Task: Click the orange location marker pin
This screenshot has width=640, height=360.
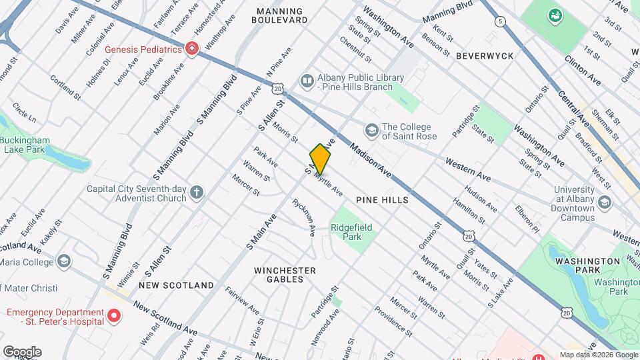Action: (x=320, y=159)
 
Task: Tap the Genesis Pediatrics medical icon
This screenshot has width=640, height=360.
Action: (x=192, y=49)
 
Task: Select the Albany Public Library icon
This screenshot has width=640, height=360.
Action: (x=307, y=81)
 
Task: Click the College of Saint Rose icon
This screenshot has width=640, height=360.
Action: (x=371, y=128)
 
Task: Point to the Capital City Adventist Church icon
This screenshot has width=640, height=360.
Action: (x=196, y=193)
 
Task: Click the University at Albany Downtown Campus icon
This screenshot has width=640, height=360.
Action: (x=605, y=201)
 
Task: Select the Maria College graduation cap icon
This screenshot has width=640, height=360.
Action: (x=64, y=261)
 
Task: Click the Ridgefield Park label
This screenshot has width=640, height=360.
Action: (x=351, y=232)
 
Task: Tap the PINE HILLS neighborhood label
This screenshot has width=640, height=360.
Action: (x=382, y=200)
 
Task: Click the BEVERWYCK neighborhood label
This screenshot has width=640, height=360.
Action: (x=485, y=56)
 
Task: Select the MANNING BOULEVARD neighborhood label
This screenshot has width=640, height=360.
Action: (x=277, y=16)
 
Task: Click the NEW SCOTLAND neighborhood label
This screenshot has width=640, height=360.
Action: (x=176, y=285)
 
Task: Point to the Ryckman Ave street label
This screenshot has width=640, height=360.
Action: (x=303, y=217)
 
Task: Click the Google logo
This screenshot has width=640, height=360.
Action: (x=22, y=351)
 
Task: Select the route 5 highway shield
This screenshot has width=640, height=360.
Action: (x=500, y=22)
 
